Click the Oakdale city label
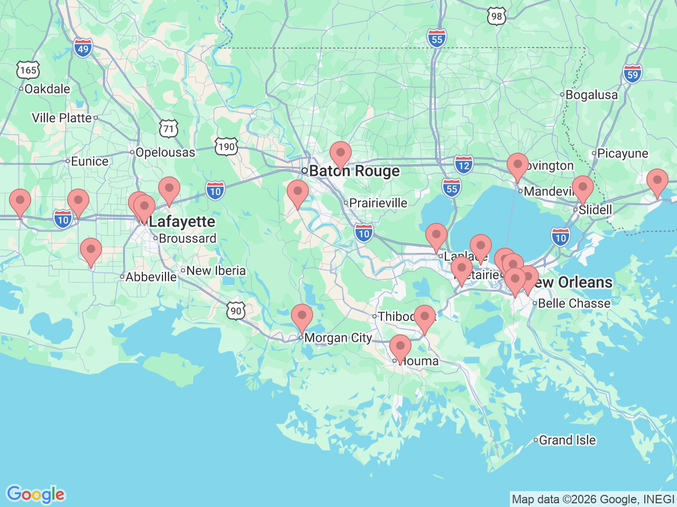[x=47, y=89]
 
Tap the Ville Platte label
[x=62, y=118]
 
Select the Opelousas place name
[x=165, y=152]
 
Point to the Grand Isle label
[x=567, y=440]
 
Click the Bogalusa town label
[x=591, y=95]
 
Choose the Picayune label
[x=623, y=154]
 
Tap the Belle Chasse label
[x=574, y=303]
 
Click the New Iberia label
[x=216, y=270]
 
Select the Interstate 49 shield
[x=83, y=49]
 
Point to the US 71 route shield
[x=168, y=128]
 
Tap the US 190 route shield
[x=226, y=146]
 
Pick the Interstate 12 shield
[x=464, y=165]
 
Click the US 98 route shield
[x=496, y=16]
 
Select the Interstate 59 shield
[x=633, y=74]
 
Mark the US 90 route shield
[x=236, y=311]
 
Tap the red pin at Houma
[x=400, y=348]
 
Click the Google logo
[x=35, y=494]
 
